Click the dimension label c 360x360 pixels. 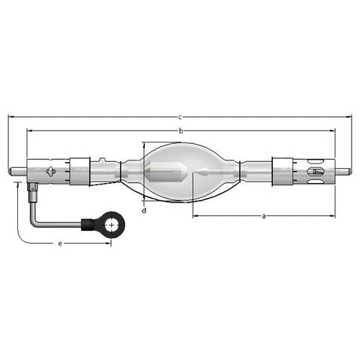point(180,117)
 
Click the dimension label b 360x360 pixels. point(181,130)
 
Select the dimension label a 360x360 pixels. point(263,216)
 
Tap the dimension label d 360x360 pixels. point(144,211)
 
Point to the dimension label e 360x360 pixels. point(60,244)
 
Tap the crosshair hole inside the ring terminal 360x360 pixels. point(111,225)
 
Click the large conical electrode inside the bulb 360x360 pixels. point(166,172)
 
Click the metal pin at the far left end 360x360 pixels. point(17,171)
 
